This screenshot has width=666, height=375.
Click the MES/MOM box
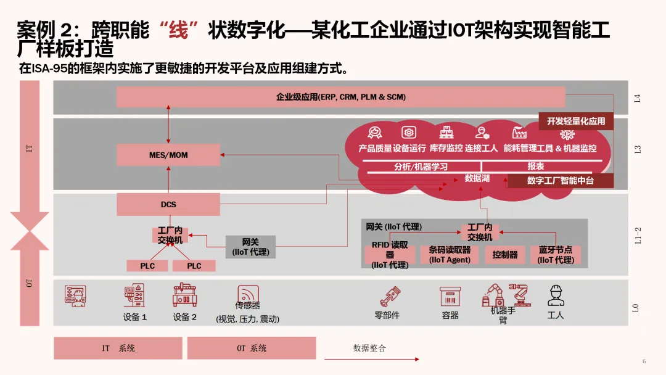point(168,155)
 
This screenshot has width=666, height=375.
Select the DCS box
point(168,204)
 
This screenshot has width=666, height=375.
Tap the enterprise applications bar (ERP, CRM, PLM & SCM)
point(340,97)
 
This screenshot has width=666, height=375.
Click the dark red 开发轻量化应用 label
point(576,122)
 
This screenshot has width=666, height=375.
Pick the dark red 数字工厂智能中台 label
point(560,181)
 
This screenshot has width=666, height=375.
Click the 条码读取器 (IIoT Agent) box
point(450,255)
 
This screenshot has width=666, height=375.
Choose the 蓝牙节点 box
point(555,255)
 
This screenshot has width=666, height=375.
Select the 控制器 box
point(505,255)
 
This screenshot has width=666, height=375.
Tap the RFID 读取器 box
point(390,254)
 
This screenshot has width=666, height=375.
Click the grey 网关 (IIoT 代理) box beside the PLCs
point(250,247)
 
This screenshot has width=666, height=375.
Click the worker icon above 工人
point(556,295)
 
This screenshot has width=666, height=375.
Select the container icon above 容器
point(450,296)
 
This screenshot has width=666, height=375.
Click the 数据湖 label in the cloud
point(477,178)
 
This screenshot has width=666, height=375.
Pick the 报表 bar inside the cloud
point(535,166)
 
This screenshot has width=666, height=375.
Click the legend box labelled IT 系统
point(118,348)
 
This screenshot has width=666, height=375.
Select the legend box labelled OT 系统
point(252,348)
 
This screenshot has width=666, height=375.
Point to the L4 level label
point(638,97)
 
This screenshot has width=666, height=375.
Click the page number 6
point(644,361)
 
